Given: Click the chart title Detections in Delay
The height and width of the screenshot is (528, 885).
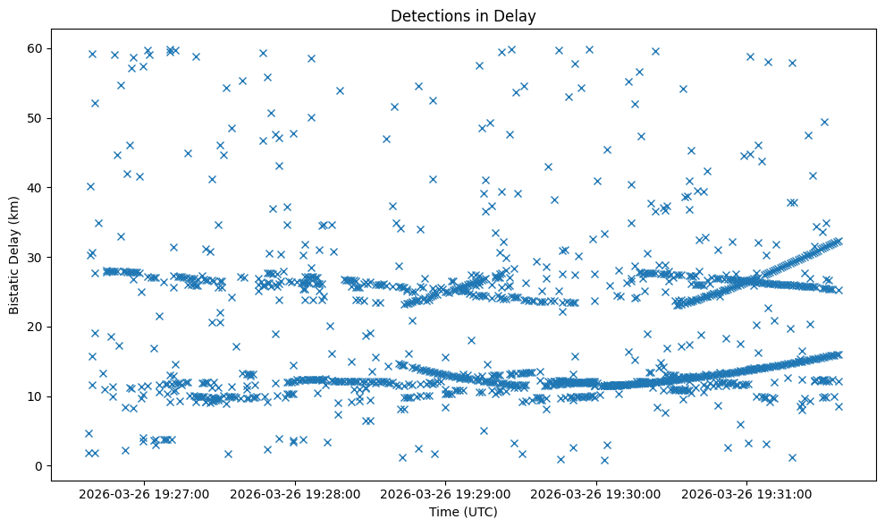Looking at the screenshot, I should click(463, 15).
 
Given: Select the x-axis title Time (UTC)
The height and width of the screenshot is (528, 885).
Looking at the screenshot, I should click(463, 512).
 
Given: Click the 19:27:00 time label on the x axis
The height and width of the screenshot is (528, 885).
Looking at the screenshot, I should click(144, 493).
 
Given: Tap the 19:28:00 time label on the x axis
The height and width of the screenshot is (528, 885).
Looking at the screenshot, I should click(295, 493).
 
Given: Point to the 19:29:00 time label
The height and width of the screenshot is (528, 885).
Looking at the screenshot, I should click(446, 493).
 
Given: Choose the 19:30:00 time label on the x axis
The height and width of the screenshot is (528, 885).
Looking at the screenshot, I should click(596, 493).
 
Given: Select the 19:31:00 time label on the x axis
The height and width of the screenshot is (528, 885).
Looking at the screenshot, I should click(747, 493).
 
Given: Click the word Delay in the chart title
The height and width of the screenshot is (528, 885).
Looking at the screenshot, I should click(518, 15).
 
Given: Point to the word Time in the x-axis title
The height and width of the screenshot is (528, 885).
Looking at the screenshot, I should click(443, 512).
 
